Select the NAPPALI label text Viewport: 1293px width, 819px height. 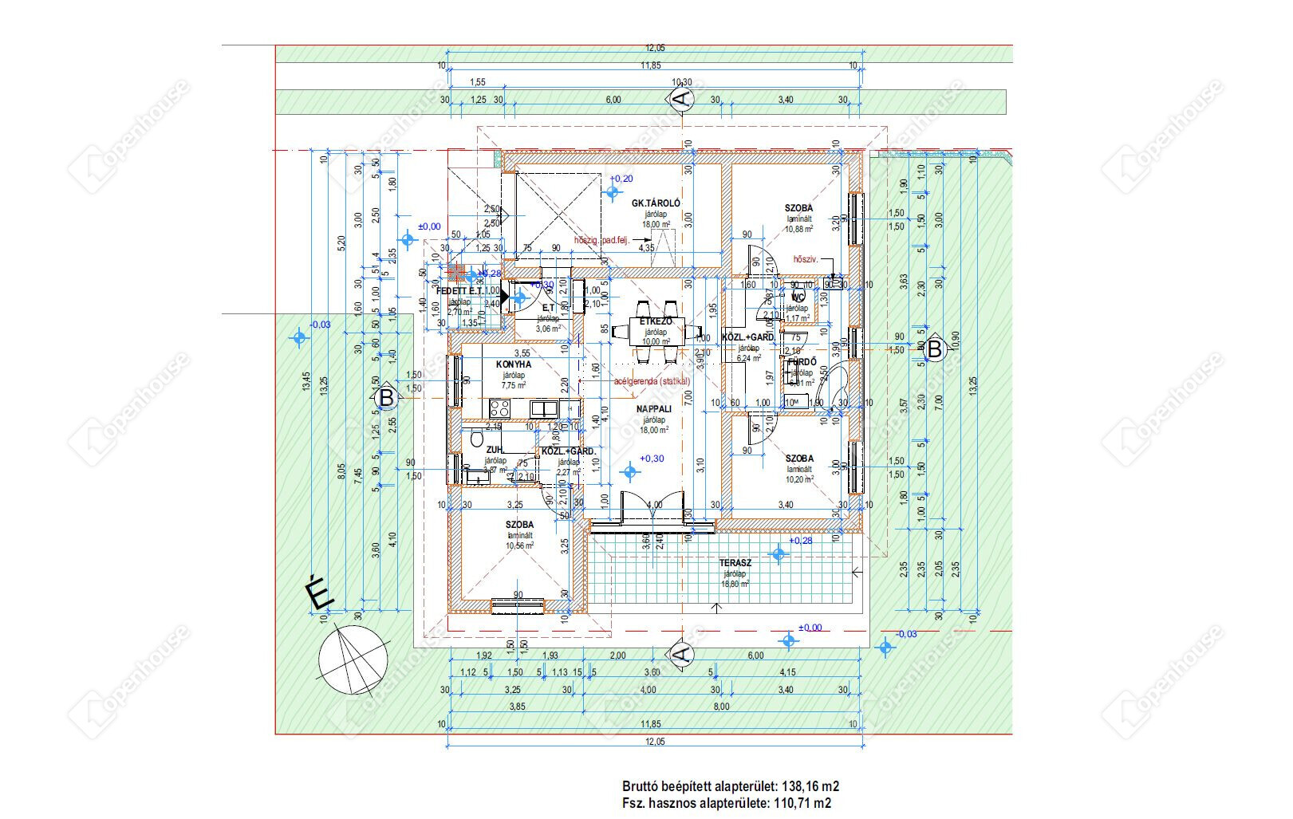coord(654,409)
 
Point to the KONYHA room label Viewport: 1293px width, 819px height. coord(513,364)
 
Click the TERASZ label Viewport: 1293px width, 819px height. coord(735,562)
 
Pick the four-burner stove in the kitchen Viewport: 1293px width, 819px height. coord(500,408)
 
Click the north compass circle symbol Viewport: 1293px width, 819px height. coord(353,660)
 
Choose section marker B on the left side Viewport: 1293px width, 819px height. coord(385,397)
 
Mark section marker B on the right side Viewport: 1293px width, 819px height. coord(934,348)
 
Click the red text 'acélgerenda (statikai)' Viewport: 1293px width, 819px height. coord(651,381)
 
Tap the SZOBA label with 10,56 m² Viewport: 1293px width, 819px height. coord(519,524)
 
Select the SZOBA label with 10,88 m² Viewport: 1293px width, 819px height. coord(798,208)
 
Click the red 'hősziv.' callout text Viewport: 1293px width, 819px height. coord(806,259)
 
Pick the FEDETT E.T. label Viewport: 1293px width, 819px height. coord(462,291)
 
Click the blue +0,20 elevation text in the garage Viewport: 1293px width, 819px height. coord(621,179)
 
